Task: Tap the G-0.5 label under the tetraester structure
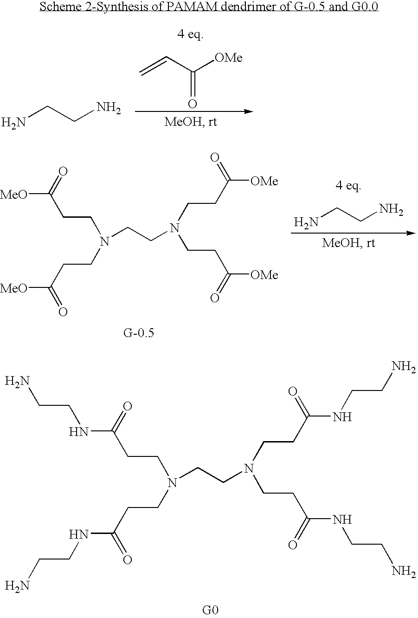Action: click(x=138, y=333)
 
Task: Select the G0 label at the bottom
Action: click(x=210, y=610)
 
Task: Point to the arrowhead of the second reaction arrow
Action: click(x=411, y=233)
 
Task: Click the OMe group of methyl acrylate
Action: click(x=229, y=58)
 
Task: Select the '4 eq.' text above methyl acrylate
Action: click(x=190, y=34)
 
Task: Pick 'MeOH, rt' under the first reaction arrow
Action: click(x=191, y=122)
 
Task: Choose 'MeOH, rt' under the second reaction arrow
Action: click(x=348, y=243)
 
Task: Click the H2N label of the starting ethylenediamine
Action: click(x=13, y=122)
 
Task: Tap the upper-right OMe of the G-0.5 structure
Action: click(x=264, y=181)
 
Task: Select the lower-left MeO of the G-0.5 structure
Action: click(x=14, y=289)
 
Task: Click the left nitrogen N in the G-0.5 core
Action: click(x=104, y=241)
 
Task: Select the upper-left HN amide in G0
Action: click(x=78, y=432)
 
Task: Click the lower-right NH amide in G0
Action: click(x=342, y=520)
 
